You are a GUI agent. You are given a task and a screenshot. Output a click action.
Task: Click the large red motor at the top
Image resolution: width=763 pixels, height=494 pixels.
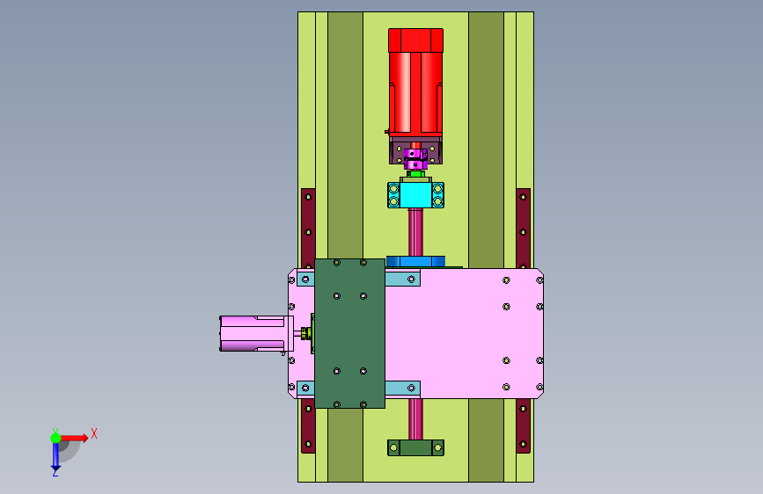(415, 81)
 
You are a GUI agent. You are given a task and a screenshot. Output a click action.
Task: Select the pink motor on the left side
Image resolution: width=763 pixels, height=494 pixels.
(256, 333)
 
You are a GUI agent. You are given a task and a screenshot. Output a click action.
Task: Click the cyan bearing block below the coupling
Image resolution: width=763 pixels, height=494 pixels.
(415, 195)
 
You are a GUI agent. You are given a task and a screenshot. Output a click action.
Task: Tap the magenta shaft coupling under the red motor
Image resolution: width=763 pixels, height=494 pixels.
(415, 158)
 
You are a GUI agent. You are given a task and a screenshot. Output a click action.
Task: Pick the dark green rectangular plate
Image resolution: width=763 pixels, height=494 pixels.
(350, 333)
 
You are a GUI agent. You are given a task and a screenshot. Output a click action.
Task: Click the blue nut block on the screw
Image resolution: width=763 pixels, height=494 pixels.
(415, 262)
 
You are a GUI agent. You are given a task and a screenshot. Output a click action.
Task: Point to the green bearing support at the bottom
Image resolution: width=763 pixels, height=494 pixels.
(415, 447)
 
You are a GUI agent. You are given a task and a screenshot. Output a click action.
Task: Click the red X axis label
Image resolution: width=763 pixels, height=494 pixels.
(94, 433)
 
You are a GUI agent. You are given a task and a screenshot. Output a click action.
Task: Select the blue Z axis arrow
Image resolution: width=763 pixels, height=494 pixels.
(55, 456)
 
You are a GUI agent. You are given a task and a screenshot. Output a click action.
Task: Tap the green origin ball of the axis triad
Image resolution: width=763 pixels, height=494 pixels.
(56, 438)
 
